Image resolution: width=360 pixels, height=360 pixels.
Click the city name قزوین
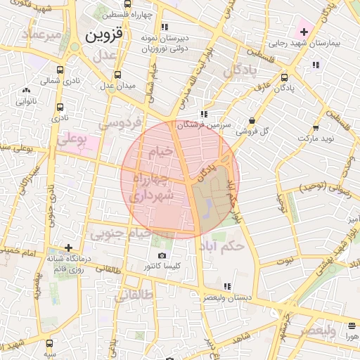point(103,33)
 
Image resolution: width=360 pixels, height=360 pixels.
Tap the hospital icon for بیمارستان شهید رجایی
point(304,32)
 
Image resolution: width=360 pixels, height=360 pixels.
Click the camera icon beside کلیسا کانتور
point(163,255)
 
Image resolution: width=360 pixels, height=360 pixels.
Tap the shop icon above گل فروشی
point(252,120)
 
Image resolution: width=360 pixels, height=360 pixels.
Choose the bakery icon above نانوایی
point(26,90)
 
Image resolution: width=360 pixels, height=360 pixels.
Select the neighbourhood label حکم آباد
point(222,245)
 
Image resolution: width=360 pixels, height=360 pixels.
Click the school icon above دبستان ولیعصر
point(226,286)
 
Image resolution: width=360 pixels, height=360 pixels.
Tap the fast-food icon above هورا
point(351,326)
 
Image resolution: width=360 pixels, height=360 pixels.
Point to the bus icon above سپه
point(49,343)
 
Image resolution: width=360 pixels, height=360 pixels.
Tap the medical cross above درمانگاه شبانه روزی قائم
point(68,247)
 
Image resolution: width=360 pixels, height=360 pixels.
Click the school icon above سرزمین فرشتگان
point(203,114)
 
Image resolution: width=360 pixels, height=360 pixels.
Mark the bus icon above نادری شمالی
point(60,70)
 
